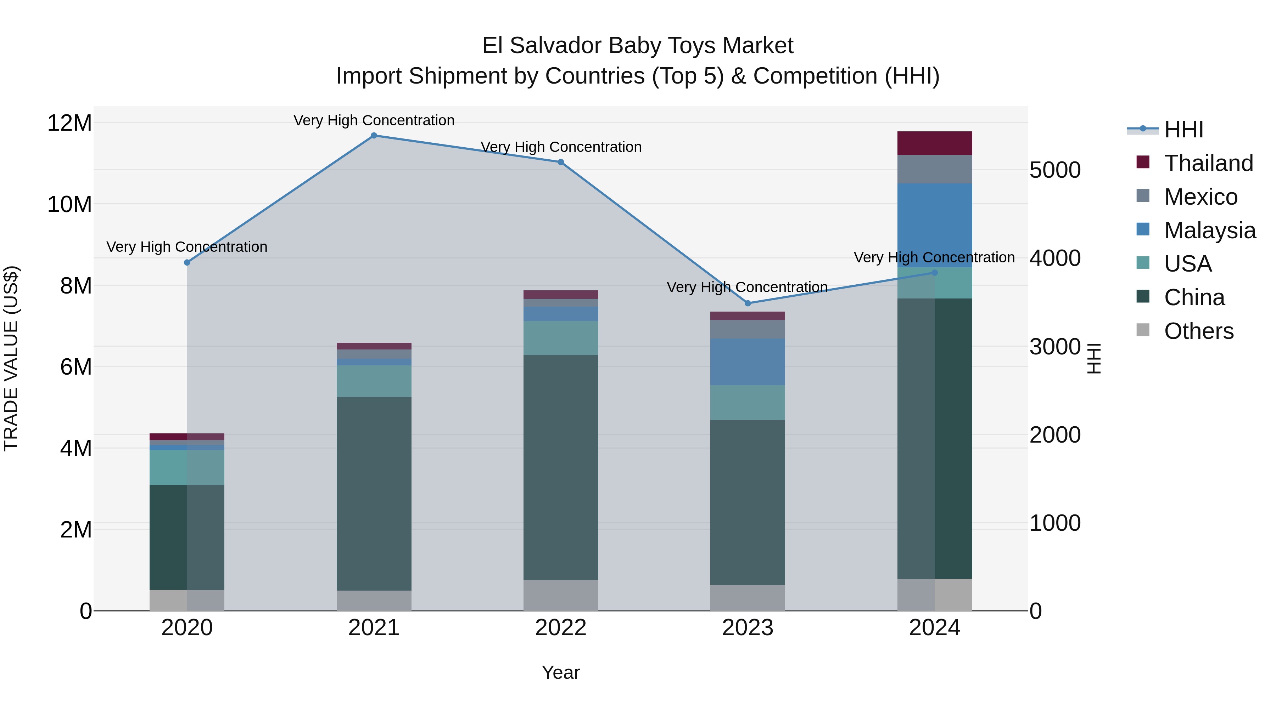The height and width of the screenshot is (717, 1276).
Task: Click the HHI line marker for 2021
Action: (374, 136)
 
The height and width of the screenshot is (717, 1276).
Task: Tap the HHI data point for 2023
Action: (748, 303)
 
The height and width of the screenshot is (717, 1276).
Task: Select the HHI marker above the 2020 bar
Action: (187, 263)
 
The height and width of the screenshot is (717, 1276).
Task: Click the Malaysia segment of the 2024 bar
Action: (935, 225)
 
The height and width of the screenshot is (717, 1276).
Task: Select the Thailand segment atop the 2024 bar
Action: (935, 143)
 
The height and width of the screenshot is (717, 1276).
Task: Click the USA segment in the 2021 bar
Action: (374, 381)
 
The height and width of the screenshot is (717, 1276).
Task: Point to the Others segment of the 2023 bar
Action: (748, 598)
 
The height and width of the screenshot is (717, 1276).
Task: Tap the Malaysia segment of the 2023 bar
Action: (748, 362)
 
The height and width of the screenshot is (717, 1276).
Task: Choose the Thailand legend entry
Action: (1209, 163)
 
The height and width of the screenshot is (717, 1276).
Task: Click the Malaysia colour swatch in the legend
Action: (1143, 229)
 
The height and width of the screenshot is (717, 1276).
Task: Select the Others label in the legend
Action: (1199, 331)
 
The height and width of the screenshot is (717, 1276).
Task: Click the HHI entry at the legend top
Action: (1184, 130)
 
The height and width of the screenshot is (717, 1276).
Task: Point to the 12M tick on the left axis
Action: (69, 123)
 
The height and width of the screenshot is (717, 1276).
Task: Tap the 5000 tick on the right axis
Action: (1055, 170)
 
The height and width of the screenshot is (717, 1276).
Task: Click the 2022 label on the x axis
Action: (561, 628)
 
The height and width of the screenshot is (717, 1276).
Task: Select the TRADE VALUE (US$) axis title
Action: (11, 358)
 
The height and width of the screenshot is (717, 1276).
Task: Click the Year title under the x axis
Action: (561, 672)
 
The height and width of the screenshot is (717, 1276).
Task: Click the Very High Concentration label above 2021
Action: (374, 121)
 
